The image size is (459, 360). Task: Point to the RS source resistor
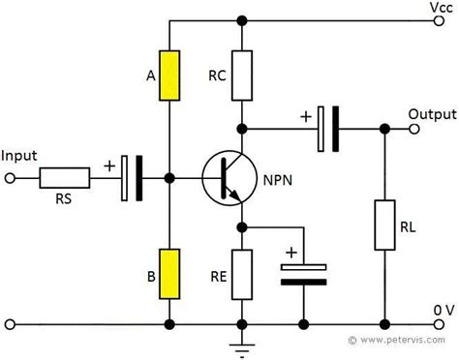coord(65,178)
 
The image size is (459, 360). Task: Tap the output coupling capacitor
coord(327,128)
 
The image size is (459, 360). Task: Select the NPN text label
coord(280,178)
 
